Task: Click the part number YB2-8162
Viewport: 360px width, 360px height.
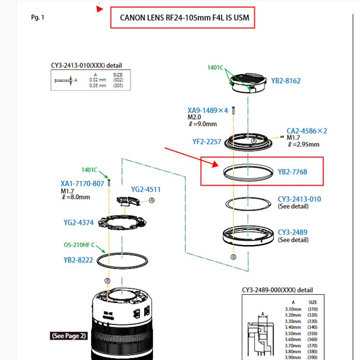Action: coord(285,81)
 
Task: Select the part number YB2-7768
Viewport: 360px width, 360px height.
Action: coord(292,172)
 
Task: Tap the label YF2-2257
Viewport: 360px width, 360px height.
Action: coord(207,142)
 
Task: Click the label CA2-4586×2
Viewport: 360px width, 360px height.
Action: coord(307,131)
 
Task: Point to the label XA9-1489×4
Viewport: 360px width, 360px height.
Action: coord(208,111)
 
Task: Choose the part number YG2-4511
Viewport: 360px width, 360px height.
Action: coord(146,189)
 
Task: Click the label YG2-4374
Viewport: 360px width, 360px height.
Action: coord(78,222)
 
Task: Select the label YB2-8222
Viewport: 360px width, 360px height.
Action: coord(78,260)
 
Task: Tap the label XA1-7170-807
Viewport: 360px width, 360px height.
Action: coord(82,184)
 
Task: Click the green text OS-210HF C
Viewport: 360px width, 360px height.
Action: coord(80,245)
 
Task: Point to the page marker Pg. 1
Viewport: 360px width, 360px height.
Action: coord(38,17)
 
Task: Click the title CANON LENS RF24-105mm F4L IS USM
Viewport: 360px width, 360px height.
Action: coord(184,17)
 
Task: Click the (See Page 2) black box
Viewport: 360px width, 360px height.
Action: coord(69,336)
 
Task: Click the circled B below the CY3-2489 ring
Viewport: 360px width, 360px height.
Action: coord(233,257)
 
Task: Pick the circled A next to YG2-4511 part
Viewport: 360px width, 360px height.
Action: coord(152,201)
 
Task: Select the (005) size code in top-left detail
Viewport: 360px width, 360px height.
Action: coord(118,86)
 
